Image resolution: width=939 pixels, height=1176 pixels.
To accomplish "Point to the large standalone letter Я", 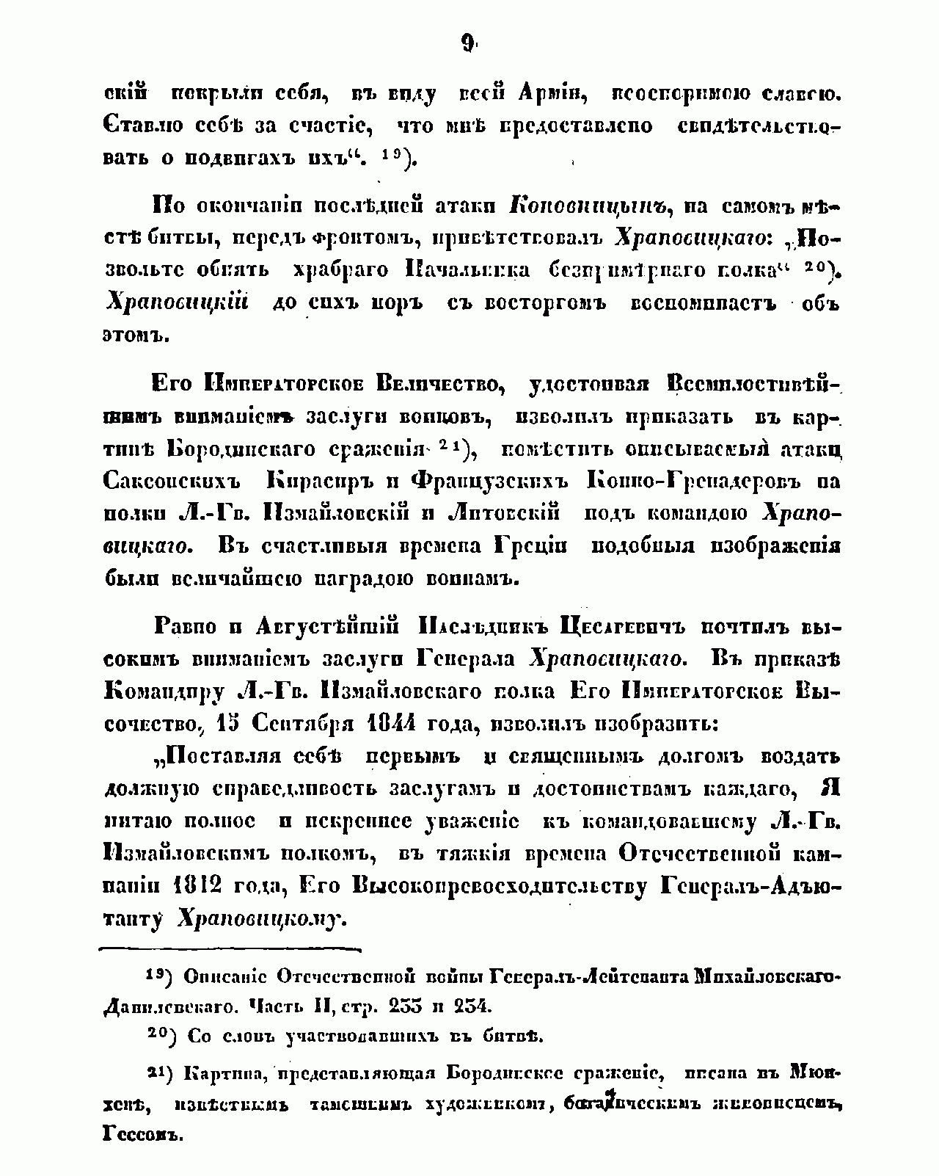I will click(830, 788).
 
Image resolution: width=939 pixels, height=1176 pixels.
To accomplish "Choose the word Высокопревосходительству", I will click(500, 886).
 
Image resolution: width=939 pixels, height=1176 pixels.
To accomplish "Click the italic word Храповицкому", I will click(262, 919).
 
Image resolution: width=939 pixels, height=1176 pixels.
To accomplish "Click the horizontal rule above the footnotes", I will click(230, 950).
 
